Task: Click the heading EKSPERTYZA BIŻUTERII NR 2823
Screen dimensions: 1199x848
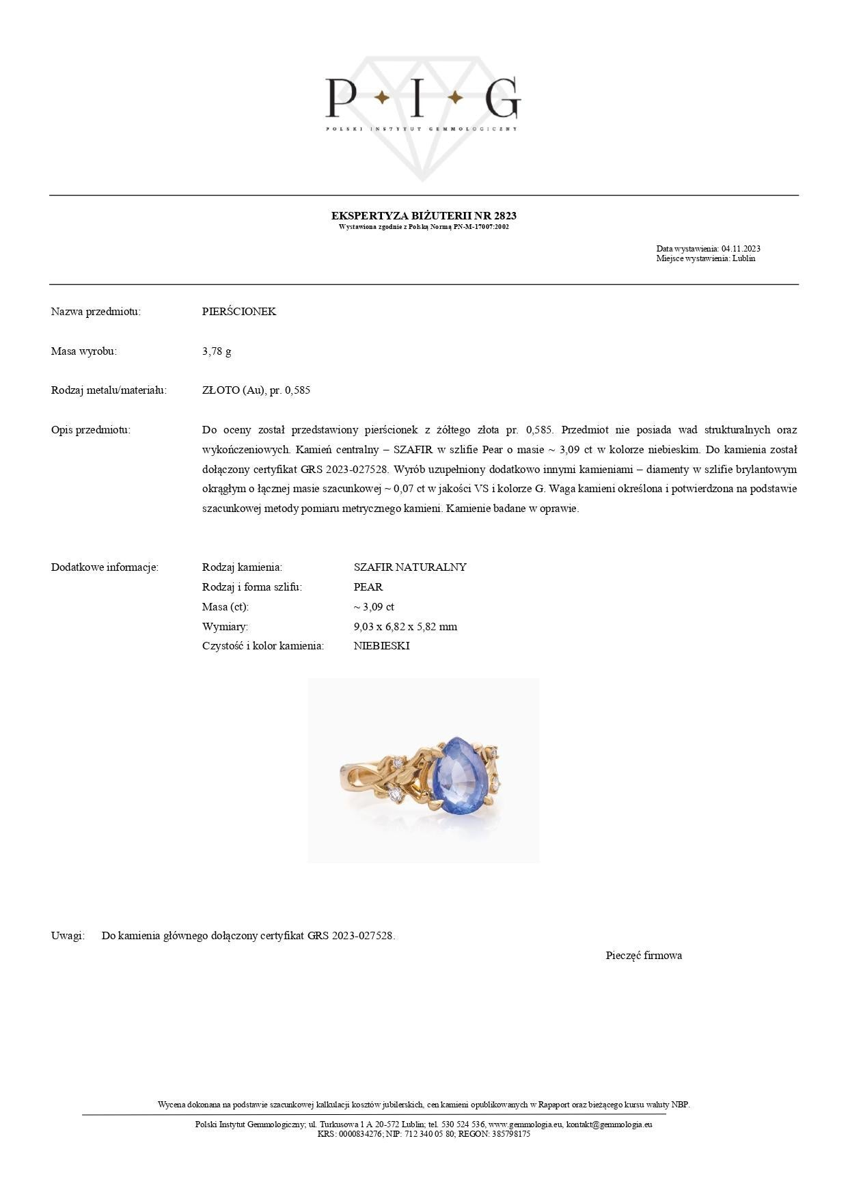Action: (x=424, y=215)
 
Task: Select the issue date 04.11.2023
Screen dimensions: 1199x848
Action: (x=741, y=249)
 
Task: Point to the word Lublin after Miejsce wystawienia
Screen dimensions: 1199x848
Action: (x=743, y=258)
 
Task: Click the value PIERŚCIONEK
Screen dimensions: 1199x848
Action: (x=239, y=312)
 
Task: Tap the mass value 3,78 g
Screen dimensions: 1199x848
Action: (x=217, y=351)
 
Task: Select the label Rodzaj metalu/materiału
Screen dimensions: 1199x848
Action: (x=109, y=390)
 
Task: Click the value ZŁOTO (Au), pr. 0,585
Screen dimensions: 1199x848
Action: (x=256, y=390)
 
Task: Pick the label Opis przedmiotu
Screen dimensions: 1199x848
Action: (x=90, y=430)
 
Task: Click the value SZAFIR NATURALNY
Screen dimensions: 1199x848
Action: (x=410, y=567)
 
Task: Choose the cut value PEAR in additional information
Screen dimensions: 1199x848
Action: (x=368, y=587)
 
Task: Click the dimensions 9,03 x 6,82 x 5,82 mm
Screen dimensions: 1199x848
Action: (x=405, y=627)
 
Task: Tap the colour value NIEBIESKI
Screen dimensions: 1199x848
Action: (x=381, y=646)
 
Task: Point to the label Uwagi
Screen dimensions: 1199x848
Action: (x=68, y=936)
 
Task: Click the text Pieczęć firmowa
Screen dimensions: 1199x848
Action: (x=644, y=956)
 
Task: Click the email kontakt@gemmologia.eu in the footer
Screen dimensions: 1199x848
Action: (x=609, y=1124)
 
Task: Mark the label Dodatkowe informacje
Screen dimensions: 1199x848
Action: (x=105, y=567)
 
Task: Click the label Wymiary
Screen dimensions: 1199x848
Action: (x=225, y=627)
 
